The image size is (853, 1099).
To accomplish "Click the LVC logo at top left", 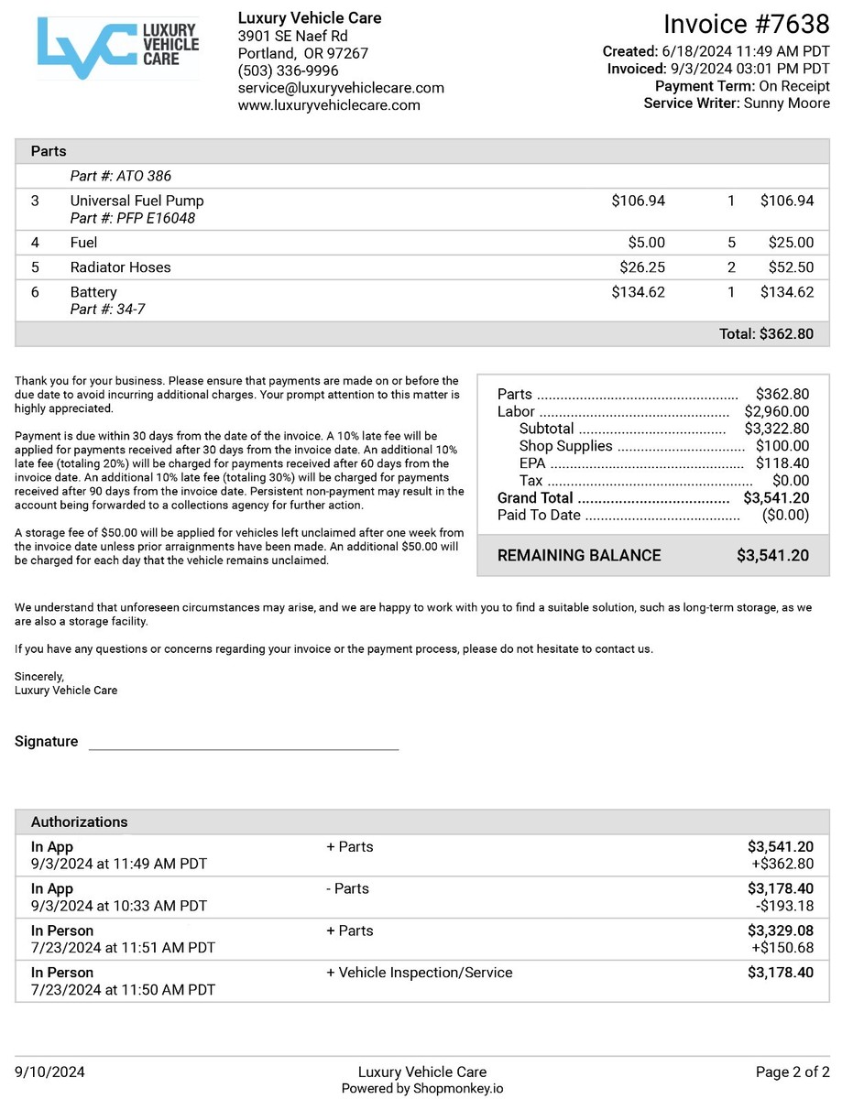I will (x=118, y=47).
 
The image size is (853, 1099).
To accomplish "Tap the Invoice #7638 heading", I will (x=746, y=24).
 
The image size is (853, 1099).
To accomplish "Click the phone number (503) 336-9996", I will (x=288, y=71).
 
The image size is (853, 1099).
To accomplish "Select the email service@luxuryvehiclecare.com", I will (x=341, y=88).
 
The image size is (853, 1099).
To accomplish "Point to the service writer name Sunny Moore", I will (x=785, y=103).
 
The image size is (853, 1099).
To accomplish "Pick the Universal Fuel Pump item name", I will (x=137, y=201).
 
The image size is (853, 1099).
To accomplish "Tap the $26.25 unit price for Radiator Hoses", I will (x=642, y=267).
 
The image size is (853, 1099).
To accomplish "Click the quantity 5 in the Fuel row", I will (x=731, y=243).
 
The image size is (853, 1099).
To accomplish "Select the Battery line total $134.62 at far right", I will (x=786, y=292).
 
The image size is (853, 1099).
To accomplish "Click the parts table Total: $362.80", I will (x=766, y=334).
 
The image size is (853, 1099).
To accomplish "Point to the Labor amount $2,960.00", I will (x=776, y=412).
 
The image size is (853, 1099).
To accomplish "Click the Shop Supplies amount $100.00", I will (x=782, y=446).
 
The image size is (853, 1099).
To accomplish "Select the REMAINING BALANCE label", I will (x=579, y=555).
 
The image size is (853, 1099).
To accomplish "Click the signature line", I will (x=244, y=747).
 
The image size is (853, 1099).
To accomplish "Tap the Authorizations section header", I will (x=80, y=822).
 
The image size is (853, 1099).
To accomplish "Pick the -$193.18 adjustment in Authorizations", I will (x=782, y=906).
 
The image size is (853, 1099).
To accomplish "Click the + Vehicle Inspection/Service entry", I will (x=420, y=973).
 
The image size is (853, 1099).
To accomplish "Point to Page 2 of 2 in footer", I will (x=793, y=1072).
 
